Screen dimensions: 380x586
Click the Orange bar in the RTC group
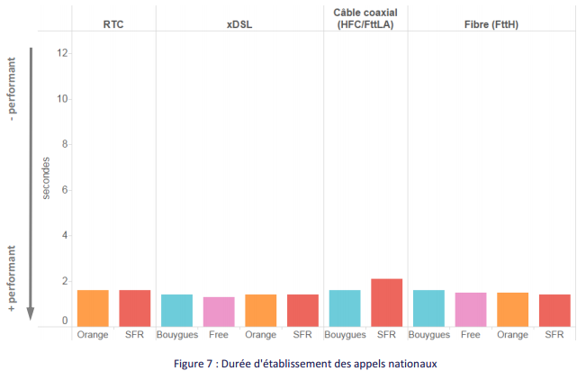pos(93,308)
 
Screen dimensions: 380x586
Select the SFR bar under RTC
pos(135,308)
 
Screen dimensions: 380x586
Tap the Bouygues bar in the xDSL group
pos(176,310)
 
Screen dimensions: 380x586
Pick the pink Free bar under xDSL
pos(219,312)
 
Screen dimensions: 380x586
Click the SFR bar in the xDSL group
pos(302,310)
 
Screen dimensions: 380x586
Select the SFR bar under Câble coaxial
pos(386,303)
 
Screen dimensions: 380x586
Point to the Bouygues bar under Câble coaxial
pos(345,308)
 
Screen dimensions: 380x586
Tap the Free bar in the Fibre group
pos(471,309)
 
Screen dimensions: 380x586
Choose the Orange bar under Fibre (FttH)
pos(512,309)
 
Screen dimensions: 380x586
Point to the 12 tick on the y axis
pos(62,52)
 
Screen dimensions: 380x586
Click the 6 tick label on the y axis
pos(64,190)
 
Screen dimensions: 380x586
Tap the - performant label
pos(12,91)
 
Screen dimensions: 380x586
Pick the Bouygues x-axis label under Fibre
pos(428,335)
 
